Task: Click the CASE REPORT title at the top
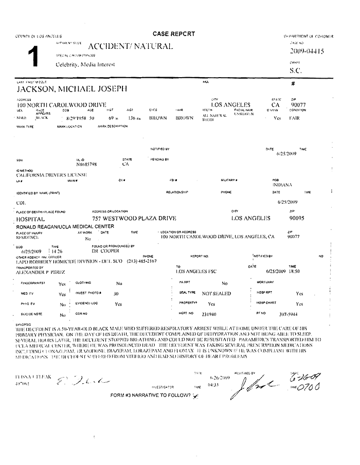pyautogui.click(x=173, y=33)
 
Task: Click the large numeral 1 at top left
pyautogui.click(x=32, y=58)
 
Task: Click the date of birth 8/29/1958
pyautogui.click(x=74, y=118)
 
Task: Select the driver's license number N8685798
pyautogui.click(x=86, y=164)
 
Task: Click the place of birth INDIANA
pyautogui.click(x=283, y=184)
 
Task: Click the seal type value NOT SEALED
pyautogui.click(x=216, y=294)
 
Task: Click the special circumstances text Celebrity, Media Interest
pyautogui.click(x=85, y=64)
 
